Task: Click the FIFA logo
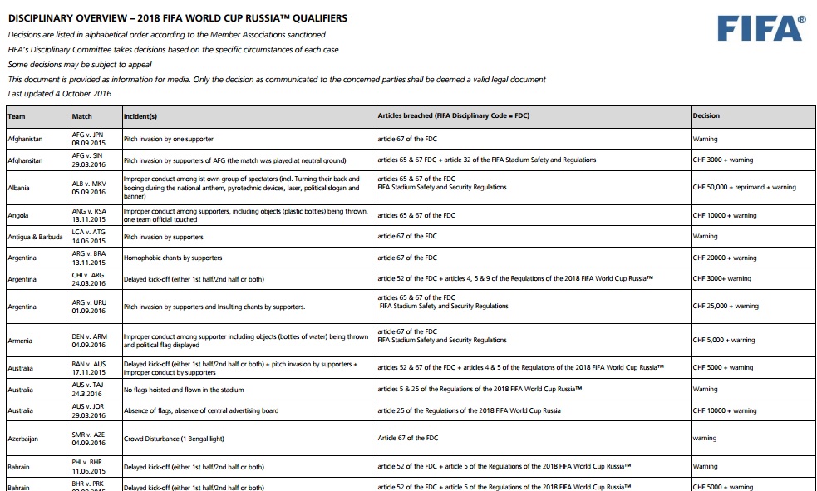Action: pos(761,29)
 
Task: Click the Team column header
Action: pos(17,115)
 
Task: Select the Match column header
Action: pos(81,115)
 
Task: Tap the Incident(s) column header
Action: pos(140,115)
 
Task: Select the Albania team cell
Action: pos(18,188)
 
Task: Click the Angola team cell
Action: pos(17,215)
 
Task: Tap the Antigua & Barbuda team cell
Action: pos(34,237)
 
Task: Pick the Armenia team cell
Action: pos(20,340)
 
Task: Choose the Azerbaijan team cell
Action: pos(23,438)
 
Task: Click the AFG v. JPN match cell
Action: pos(89,139)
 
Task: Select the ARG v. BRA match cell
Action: pos(89,258)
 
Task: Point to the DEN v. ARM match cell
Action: pos(89,340)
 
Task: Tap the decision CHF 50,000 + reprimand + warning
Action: pos(744,188)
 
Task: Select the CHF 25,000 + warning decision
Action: pos(725,306)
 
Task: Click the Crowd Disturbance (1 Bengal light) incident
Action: pos(176,438)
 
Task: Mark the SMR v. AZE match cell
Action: pos(89,438)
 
